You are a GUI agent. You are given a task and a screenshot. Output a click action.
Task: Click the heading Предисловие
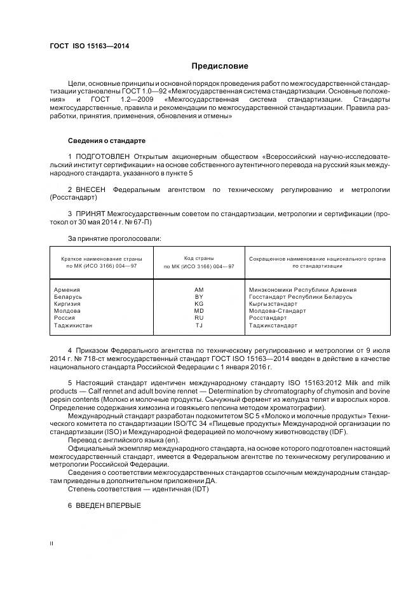coord(220,66)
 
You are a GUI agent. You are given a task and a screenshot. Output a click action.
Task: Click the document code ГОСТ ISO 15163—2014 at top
coord(85,46)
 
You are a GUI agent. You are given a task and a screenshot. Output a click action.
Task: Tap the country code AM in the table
coord(199,290)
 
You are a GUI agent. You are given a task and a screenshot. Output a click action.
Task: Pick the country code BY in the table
coord(199,297)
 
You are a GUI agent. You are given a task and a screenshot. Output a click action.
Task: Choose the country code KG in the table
coord(199,304)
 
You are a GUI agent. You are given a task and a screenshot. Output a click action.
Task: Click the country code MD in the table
coord(199,311)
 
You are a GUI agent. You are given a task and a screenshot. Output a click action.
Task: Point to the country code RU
coord(199,318)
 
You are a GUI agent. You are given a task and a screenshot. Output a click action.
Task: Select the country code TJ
coord(199,325)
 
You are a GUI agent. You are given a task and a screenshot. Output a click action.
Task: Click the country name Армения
coord(68,290)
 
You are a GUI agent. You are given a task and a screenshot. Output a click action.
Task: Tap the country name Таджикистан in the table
coord(74,325)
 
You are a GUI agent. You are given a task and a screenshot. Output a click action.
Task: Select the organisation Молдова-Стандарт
coord(278,311)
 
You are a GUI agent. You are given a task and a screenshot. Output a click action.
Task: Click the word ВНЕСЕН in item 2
coord(91,189)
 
